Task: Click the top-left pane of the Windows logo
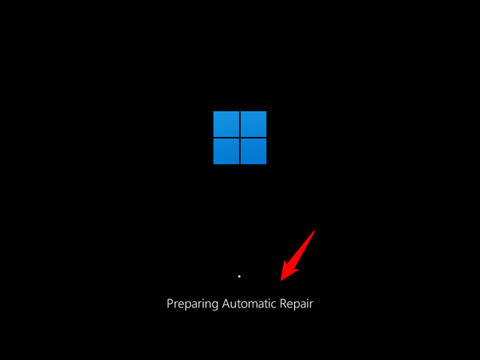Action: tap(226, 124)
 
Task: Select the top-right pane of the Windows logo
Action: tap(253, 124)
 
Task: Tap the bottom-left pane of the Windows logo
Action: tap(226, 151)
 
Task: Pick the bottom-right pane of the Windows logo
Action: tap(253, 151)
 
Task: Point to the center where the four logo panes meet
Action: tap(240, 138)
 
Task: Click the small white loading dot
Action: tap(239, 276)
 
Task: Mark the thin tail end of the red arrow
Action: tap(314, 232)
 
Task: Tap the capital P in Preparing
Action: tap(170, 303)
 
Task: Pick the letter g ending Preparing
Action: tap(215, 304)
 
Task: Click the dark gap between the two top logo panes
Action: tap(240, 124)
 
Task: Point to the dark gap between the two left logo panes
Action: tap(226, 138)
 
